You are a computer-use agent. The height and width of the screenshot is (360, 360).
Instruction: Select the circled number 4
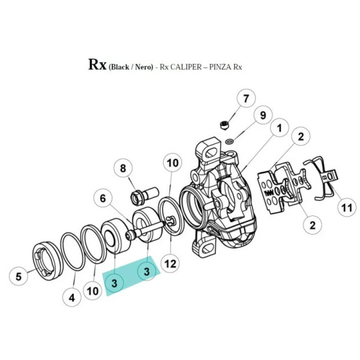(72, 298)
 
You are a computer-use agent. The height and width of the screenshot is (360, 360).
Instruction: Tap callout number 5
(19, 276)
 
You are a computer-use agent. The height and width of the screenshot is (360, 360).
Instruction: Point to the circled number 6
(102, 198)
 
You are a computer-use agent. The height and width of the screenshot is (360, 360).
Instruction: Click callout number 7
(245, 98)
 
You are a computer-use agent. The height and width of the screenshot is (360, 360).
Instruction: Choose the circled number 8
(123, 169)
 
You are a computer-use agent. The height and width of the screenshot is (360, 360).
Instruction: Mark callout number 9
(262, 116)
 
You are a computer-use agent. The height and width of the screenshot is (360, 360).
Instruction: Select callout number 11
(347, 207)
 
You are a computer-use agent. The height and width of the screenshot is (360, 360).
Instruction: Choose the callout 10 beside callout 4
(93, 290)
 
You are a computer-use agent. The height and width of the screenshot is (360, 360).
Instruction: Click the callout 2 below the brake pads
(312, 224)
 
